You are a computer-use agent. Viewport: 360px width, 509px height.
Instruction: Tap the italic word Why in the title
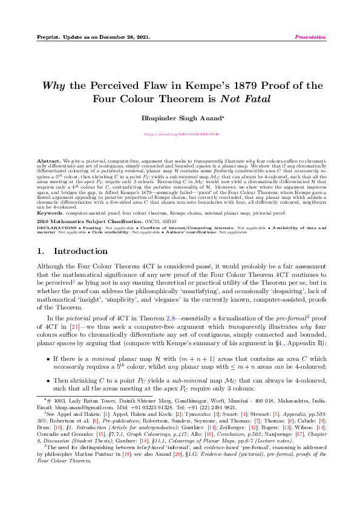point(53,85)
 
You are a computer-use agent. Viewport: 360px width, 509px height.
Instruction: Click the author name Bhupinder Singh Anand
point(178,118)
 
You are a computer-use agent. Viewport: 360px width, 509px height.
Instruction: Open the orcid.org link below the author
point(180,133)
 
